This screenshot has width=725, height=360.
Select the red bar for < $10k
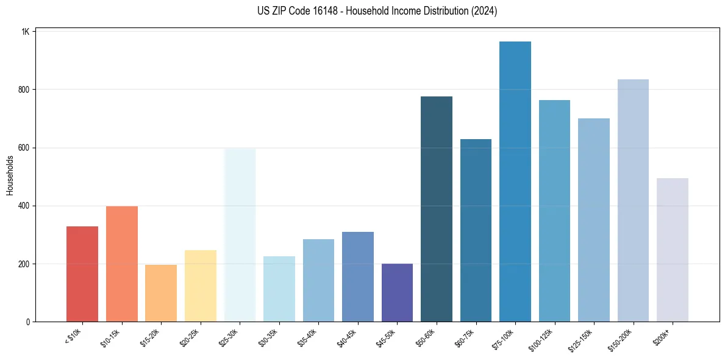pos(82,274)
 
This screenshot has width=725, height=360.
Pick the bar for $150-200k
pos(633,201)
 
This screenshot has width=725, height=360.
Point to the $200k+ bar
pos(673,250)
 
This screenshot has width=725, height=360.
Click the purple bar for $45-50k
pos(397,293)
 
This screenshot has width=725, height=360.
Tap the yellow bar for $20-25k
pos(201,286)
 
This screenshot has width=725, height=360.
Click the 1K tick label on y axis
pos(25,32)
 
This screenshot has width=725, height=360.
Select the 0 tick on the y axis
pos(27,322)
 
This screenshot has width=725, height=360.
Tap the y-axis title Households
pos(10,175)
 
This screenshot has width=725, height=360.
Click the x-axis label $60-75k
pos(465,337)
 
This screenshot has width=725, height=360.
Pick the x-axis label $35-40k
pos(307,337)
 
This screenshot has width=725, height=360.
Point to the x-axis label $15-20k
pos(150,337)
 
